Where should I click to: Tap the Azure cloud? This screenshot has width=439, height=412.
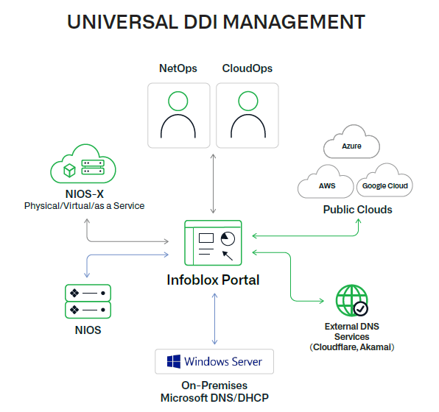(x=351, y=146)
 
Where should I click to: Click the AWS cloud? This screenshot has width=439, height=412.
(x=326, y=185)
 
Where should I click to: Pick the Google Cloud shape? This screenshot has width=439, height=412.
(x=385, y=185)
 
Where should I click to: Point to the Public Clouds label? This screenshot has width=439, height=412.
(x=357, y=210)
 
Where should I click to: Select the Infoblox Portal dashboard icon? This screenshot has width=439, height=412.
(x=213, y=242)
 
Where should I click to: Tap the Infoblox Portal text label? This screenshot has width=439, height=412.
(x=213, y=280)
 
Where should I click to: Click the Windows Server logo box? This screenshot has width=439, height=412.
(x=214, y=362)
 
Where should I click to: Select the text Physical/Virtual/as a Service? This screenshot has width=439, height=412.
(x=83, y=206)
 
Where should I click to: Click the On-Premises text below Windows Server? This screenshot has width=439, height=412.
(x=214, y=386)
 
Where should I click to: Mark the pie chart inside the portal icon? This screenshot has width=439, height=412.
(x=228, y=238)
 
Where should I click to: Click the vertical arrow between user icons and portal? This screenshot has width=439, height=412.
(x=213, y=184)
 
